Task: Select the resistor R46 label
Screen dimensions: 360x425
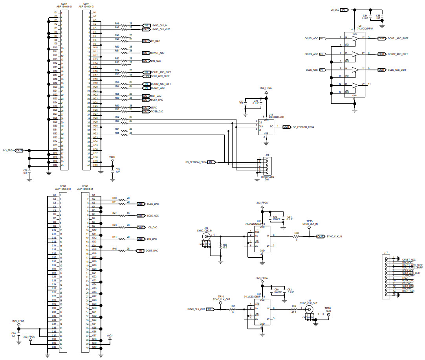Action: [117, 24]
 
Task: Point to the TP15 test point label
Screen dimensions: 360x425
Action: [310, 221]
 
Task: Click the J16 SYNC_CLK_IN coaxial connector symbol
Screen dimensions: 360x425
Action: [205, 236]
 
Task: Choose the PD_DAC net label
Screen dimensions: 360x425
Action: [156, 41]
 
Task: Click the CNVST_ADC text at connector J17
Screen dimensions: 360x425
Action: [408, 259]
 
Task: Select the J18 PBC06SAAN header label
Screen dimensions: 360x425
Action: [267, 177]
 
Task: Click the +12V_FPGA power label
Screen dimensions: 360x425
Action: [18, 321]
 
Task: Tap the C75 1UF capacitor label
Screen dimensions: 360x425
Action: [26, 172]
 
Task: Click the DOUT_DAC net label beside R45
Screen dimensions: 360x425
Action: [152, 251]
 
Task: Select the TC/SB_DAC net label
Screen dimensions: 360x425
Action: [157, 111]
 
